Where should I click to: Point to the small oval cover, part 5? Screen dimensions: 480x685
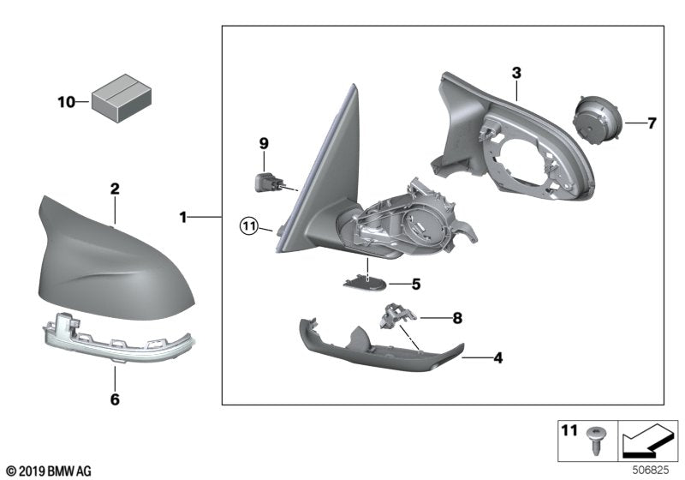[364, 284]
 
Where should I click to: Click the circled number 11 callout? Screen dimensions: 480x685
[248, 227]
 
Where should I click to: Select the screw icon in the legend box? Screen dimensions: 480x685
[594, 441]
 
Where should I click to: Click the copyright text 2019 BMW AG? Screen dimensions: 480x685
[48, 471]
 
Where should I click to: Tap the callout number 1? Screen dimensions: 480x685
[182, 219]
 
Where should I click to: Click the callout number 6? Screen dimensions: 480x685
[115, 399]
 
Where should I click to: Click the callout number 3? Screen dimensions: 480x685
[516, 73]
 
